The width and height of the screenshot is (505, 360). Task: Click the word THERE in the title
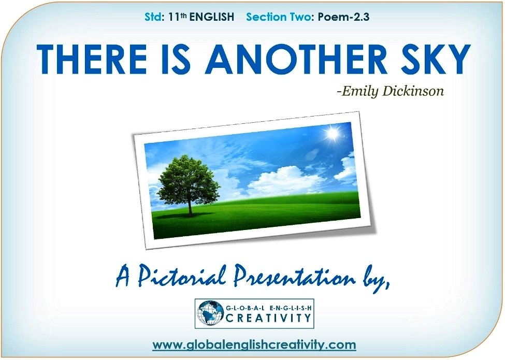click(92, 59)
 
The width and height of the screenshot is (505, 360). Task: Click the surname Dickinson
click(413, 91)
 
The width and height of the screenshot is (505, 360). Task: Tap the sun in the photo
click(332, 133)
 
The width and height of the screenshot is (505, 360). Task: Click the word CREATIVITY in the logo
click(268, 318)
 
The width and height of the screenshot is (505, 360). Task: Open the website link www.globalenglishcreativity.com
click(254, 344)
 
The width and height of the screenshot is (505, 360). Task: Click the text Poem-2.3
click(343, 17)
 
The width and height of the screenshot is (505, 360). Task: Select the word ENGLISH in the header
click(212, 17)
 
